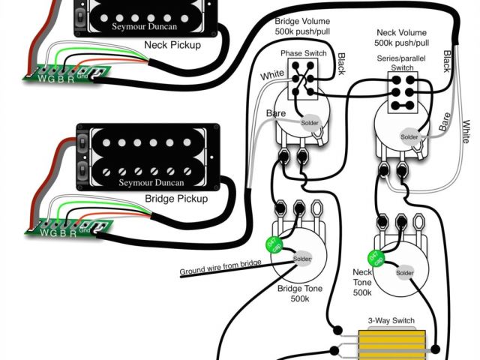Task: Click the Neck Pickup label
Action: [174, 46]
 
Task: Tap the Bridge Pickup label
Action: [177, 199]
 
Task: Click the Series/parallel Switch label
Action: [401, 63]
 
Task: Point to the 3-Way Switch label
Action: [391, 320]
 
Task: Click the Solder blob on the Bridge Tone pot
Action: [302, 259]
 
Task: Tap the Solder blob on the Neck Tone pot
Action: [405, 272]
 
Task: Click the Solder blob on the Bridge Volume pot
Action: [310, 122]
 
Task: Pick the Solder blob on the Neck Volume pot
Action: [409, 137]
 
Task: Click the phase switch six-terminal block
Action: [304, 78]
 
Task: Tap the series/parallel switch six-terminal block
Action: [401, 92]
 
